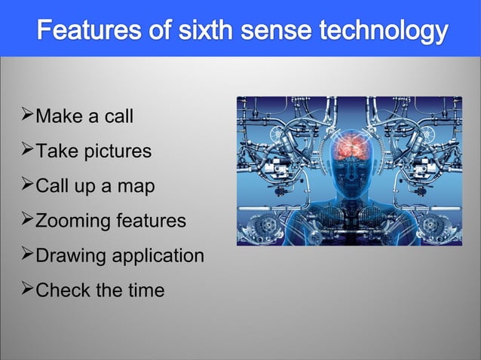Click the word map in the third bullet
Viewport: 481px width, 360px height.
point(134,187)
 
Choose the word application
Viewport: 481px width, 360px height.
point(158,256)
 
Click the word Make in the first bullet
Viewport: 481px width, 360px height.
point(57,117)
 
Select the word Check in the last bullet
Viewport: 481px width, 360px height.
point(63,290)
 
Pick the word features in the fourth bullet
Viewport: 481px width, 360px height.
point(149,221)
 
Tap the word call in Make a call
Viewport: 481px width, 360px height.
point(120,117)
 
